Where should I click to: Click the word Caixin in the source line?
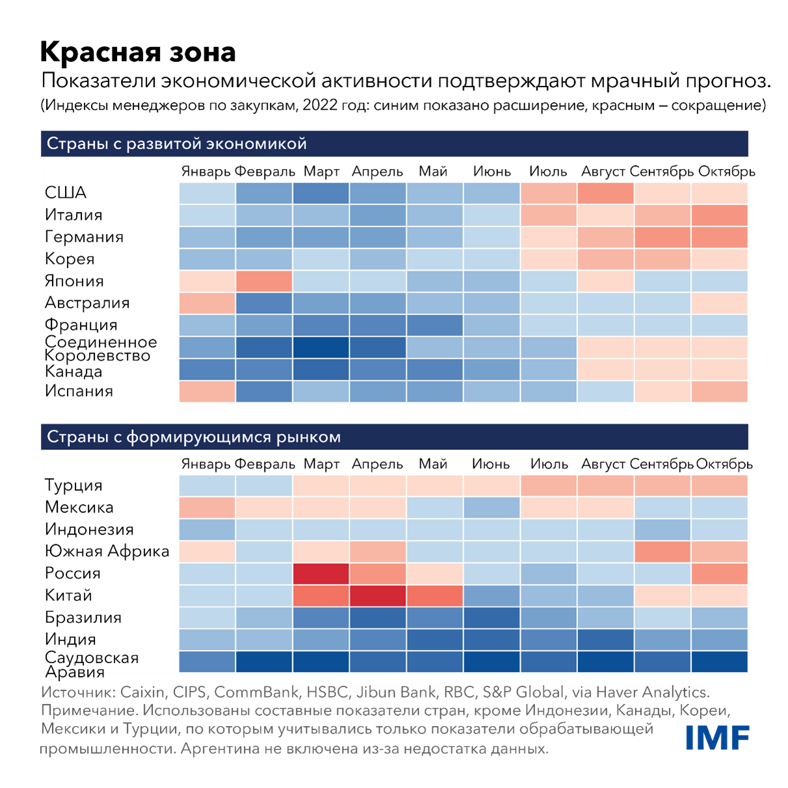point(142,692)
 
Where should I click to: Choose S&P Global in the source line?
point(523,692)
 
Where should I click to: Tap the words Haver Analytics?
point(652,692)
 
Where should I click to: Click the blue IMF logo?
point(717,737)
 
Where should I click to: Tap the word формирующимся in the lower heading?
point(199,437)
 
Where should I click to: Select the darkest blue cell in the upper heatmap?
point(321,347)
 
